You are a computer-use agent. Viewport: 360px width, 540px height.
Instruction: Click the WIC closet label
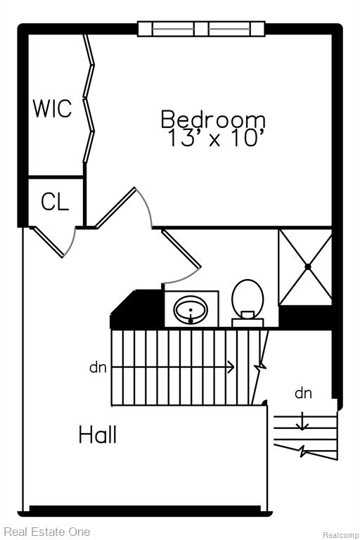point(52,108)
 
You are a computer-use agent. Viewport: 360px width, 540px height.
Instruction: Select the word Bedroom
point(213,119)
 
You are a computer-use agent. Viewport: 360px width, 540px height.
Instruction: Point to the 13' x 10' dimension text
point(213,138)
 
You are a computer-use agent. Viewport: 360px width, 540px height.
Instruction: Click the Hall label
point(98,435)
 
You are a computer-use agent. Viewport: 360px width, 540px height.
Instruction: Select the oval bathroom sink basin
point(191,309)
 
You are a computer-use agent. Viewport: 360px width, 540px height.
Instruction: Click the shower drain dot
point(308,266)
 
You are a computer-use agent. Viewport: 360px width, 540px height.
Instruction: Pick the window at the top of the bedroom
point(201,29)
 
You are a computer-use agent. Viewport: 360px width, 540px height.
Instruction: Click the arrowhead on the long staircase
point(231,367)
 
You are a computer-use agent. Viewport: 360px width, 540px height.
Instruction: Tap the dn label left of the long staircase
point(98,368)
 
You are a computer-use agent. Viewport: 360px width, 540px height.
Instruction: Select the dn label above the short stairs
point(303,392)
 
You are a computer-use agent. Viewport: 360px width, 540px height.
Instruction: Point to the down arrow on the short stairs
point(302,421)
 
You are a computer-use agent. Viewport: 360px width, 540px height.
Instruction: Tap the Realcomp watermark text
point(340,535)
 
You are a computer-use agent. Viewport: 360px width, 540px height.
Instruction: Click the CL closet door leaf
point(49,242)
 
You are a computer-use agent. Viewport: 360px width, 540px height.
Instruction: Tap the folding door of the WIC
point(89,98)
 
